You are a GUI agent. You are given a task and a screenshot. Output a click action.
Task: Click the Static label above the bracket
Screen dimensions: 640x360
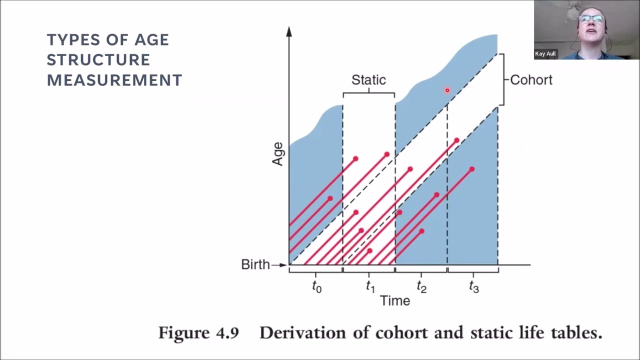point(368,79)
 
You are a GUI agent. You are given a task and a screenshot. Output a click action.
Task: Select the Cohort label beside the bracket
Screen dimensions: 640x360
point(531,80)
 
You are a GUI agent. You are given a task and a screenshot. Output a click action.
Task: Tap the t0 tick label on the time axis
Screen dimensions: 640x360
point(316,286)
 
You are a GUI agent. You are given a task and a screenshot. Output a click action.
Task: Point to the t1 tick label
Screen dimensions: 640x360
point(370,286)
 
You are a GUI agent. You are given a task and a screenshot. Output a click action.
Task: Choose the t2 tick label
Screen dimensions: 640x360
point(421,286)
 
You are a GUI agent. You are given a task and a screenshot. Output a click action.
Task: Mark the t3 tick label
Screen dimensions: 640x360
point(473,286)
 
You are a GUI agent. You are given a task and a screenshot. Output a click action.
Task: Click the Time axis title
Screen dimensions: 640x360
point(395,301)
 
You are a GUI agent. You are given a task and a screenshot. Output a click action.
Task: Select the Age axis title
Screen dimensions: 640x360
point(277,154)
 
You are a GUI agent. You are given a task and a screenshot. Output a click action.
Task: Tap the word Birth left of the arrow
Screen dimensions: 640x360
point(255,264)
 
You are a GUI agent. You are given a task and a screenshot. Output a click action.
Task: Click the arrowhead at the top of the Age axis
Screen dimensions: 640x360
point(289,31)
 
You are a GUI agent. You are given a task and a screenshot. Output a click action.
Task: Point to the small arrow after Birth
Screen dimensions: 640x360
point(279,265)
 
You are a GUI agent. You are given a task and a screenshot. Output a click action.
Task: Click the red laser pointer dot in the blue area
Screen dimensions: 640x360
point(447,90)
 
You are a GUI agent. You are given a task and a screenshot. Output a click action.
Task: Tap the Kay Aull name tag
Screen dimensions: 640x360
point(545,53)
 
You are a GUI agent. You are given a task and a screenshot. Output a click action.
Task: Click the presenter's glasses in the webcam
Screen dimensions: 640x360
point(591,19)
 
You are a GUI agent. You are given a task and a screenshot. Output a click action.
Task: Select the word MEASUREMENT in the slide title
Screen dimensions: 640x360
point(114,80)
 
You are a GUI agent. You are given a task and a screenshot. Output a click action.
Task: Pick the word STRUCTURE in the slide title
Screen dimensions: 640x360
point(98,60)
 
